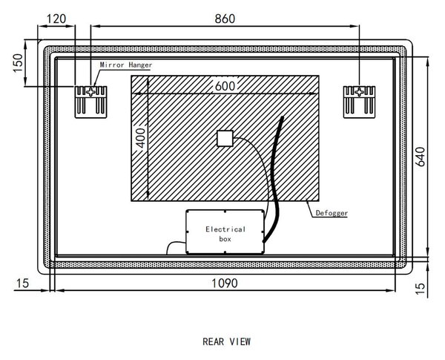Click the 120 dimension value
pyautogui.click(x=56, y=19)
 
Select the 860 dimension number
pyautogui.click(x=225, y=19)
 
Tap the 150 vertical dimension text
pyautogui.click(x=18, y=63)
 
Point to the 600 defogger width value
pyautogui.click(x=225, y=86)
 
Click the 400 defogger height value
pyautogui.click(x=141, y=138)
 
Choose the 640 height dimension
pyautogui.click(x=421, y=157)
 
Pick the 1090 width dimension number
pyautogui.click(x=225, y=284)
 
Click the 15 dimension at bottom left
pyautogui.click(x=22, y=284)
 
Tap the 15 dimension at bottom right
pyautogui.click(x=421, y=289)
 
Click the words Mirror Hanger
pyautogui.click(x=126, y=65)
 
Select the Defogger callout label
pyautogui.click(x=332, y=213)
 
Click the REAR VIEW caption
pyautogui.click(x=226, y=341)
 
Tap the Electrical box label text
pyautogui.click(x=225, y=234)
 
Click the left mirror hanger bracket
pyautogui.click(x=90, y=102)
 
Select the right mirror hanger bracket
pyautogui.click(x=359, y=102)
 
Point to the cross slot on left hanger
pyautogui.click(x=90, y=92)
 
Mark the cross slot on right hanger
pyautogui.click(x=359, y=92)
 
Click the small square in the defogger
pyautogui.click(x=225, y=138)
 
